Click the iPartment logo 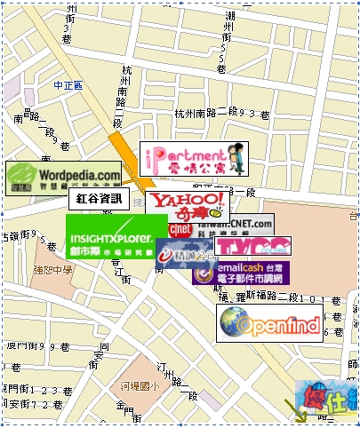194,158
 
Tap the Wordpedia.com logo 64,178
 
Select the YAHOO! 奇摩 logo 187,204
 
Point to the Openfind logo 269,324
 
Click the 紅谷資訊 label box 102,199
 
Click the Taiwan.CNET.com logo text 244,223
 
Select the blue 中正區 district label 68,85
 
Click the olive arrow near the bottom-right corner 295,408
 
